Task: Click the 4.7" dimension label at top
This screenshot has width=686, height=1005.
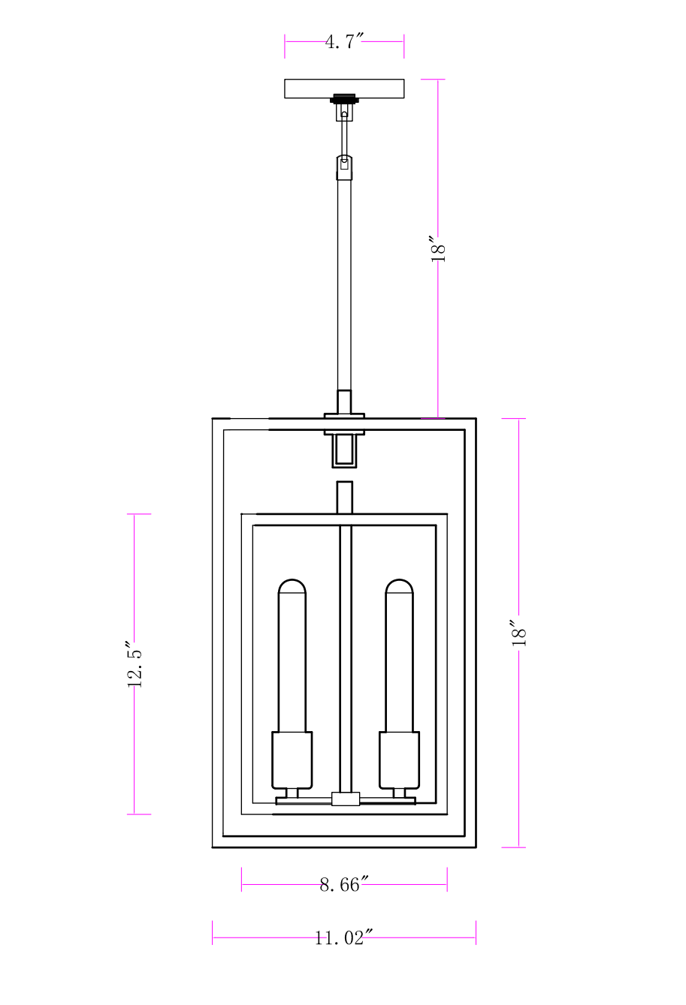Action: click(x=344, y=42)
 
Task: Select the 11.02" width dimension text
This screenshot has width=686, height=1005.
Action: click(x=344, y=937)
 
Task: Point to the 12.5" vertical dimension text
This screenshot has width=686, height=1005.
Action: click(x=134, y=664)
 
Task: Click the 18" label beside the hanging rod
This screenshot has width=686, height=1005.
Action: click(x=439, y=248)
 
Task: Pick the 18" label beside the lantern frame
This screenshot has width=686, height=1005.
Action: click(x=519, y=633)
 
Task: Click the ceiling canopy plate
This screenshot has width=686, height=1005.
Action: click(x=344, y=89)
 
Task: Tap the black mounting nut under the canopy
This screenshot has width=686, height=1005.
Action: click(x=344, y=98)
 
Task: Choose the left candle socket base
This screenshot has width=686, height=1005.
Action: click(x=292, y=760)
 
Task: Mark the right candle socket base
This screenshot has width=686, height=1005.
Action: click(x=399, y=760)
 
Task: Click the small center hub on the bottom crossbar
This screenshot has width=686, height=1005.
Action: click(x=346, y=799)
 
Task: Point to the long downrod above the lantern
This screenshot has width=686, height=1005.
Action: click(x=344, y=285)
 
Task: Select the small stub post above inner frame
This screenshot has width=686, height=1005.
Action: click(x=344, y=497)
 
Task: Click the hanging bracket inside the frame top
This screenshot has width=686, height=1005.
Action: click(x=344, y=450)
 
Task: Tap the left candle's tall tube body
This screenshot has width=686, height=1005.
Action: click(x=292, y=660)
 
